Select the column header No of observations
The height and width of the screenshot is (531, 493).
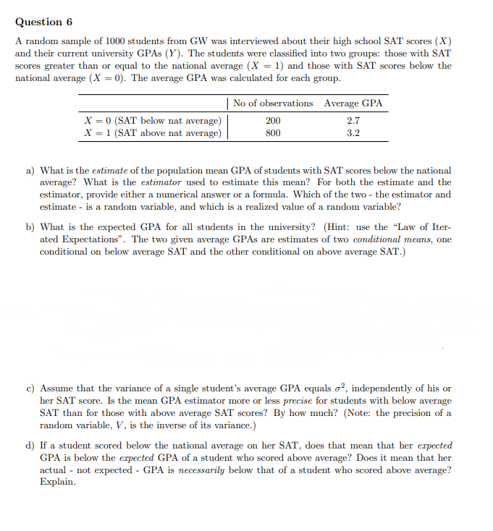click(x=273, y=103)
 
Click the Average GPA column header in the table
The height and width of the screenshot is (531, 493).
click(x=353, y=103)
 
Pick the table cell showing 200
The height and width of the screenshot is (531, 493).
click(x=273, y=121)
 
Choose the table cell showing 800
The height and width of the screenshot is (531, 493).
click(x=273, y=133)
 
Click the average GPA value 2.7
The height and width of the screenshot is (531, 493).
click(x=353, y=121)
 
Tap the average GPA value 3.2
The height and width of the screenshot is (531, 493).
click(x=353, y=133)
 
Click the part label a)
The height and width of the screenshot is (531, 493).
click(x=31, y=171)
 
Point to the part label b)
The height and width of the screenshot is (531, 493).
click(x=31, y=227)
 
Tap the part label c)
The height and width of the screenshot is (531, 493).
click(x=31, y=388)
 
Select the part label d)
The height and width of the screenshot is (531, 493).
click(x=31, y=446)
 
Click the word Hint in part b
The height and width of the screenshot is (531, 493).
click(x=340, y=227)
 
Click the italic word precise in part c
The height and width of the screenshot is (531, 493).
click(x=297, y=401)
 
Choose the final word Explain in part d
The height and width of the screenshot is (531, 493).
click(x=57, y=482)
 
